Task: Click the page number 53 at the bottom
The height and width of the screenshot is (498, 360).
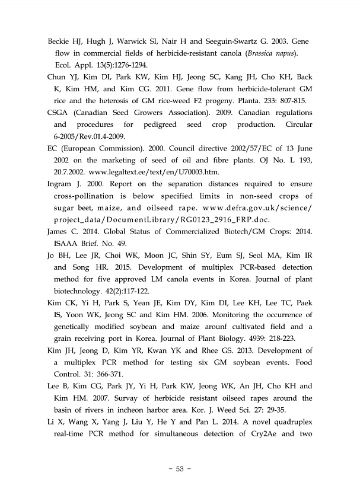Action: click(x=180, y=470)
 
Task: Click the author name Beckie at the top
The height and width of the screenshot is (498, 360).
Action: click(x=60, y=43)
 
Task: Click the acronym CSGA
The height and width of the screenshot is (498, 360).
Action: click(x=59, y=112)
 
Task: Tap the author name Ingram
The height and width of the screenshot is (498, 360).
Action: click(x=60, y=184)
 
